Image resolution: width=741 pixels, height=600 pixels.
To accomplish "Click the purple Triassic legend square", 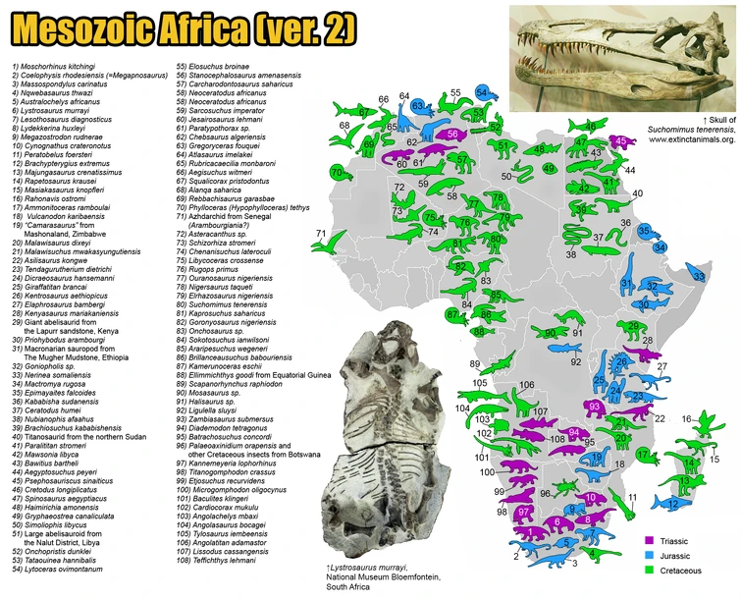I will [650, 541].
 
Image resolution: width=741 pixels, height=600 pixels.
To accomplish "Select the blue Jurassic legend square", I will [650, 556].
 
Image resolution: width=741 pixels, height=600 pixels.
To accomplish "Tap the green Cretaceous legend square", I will [650, 571].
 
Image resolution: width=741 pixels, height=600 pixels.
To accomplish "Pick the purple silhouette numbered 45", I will [618, 141].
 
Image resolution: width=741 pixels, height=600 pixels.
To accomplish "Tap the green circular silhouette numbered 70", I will [339, 173].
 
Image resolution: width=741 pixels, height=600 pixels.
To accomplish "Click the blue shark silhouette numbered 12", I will [671, 502].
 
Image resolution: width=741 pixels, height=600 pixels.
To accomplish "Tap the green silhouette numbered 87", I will [452, 314].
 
